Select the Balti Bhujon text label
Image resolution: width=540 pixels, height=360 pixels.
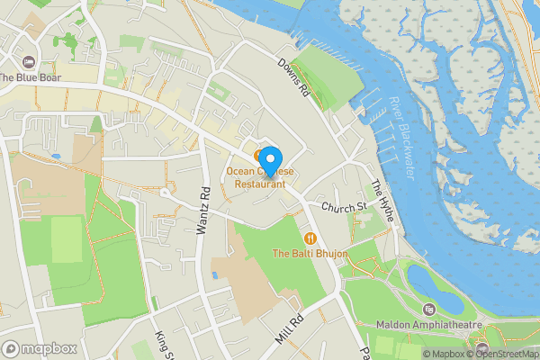310,255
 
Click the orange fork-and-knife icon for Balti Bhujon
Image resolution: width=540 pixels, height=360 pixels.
310,238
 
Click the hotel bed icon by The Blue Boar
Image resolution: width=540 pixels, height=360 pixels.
29,61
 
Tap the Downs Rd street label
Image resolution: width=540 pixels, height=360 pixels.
293,79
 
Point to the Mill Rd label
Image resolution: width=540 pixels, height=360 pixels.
292,328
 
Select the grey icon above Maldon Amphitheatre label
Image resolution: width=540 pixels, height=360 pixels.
442,309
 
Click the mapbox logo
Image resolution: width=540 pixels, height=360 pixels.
39,348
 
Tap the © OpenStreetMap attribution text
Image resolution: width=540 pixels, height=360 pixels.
502,354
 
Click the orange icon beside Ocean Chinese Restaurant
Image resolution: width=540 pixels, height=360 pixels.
258,156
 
